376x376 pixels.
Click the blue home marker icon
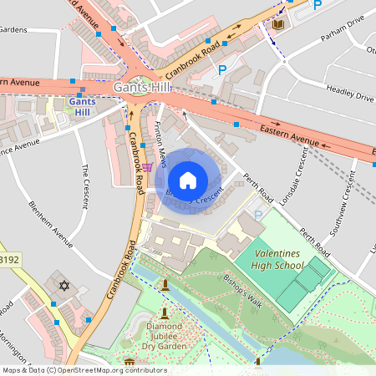click(188, 180)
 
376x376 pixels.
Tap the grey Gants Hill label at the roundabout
click(142, 87)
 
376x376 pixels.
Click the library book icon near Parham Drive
click(277, 26)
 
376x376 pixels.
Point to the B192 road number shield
click(9, 260)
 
